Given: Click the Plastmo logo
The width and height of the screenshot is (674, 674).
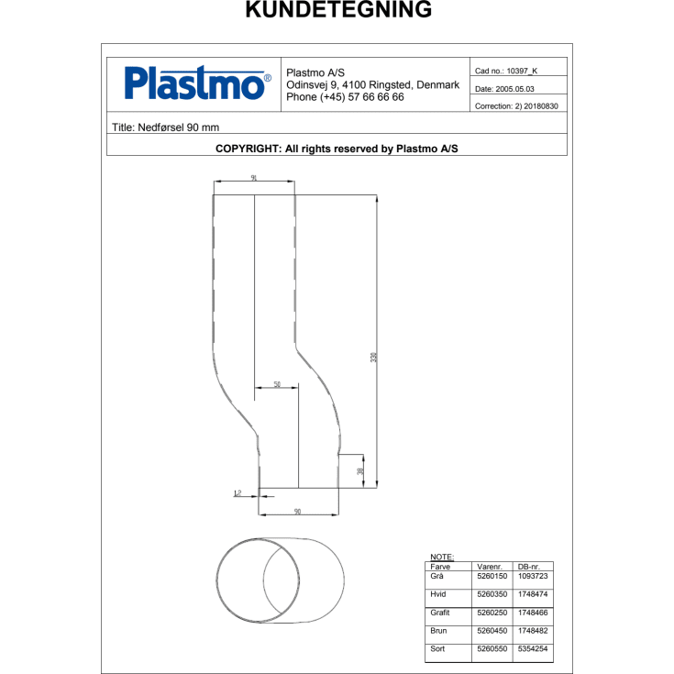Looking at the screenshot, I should [x=197, y=84].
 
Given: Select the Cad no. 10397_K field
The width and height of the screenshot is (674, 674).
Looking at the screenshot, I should [x=506, y=71].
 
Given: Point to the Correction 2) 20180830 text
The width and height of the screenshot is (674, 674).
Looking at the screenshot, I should [x=516, y=106].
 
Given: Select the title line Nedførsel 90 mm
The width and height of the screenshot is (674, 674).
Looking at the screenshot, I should [x=165, y=127].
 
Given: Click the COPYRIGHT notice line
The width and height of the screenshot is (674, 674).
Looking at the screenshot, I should [x=337, y=147].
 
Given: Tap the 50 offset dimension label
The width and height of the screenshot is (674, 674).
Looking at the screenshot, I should [x=276, y=384].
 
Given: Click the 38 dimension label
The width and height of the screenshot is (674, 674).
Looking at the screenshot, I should [x=360, y=470].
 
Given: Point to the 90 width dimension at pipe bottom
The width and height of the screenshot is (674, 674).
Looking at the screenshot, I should [x=298, y=511].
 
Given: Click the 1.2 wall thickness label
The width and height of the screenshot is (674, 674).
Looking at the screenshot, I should [x=237, y=493].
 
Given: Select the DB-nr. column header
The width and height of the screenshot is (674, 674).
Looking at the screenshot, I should [x=529, y=567].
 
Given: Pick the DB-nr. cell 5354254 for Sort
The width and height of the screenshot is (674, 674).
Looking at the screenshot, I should [x=532, y=649].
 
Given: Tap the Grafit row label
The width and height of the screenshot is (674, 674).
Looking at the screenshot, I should [x=440, y=613].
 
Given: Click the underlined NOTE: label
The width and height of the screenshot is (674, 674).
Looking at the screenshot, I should [x=442, y=557].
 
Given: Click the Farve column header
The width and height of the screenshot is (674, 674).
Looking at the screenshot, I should [x=440, y=567].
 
